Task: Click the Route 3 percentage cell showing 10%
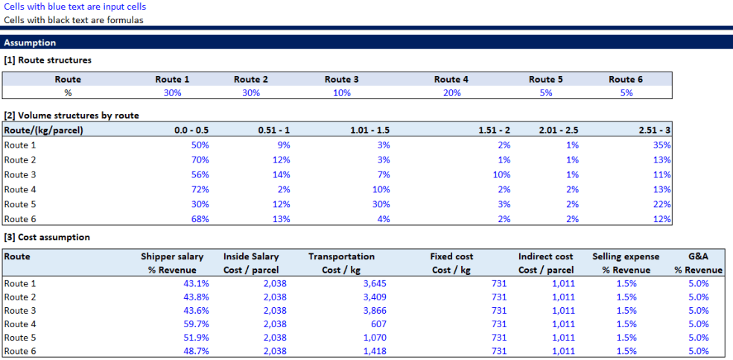(341, 93)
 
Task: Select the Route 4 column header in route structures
(451, 80)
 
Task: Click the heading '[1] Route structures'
(48, 60)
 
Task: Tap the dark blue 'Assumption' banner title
(30, 43)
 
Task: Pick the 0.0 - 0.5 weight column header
(191, 130)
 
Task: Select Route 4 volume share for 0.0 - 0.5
(200, 189)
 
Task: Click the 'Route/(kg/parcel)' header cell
(43, 130)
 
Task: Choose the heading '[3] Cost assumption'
(47, 237)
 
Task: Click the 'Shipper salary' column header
(173, 256)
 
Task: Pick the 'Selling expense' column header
(621, 256)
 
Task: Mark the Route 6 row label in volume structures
(21, 219)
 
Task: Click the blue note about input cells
(74, 7)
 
